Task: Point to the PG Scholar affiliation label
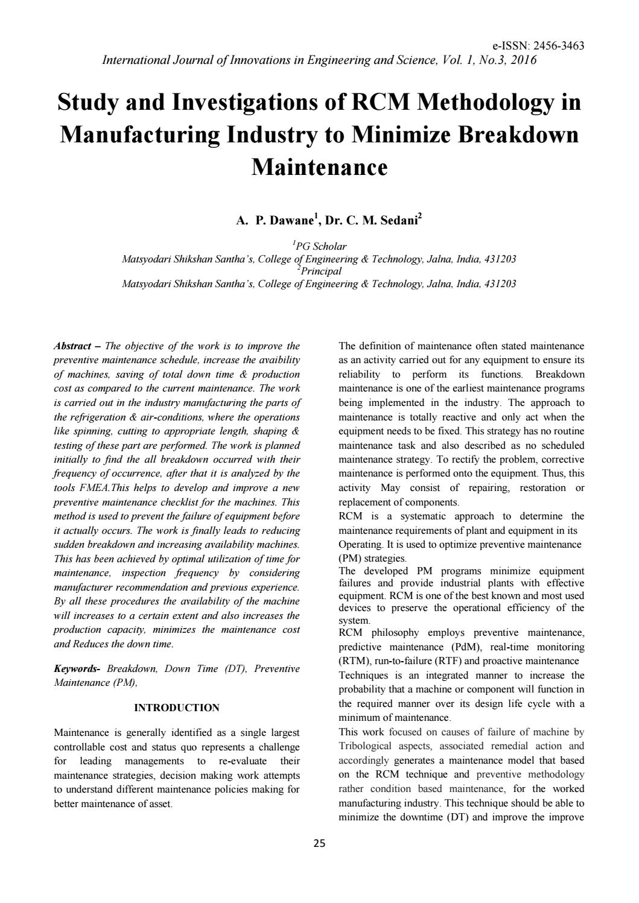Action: [321, 246]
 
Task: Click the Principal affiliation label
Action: [321, 271]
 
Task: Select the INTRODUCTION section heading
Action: [177, 708]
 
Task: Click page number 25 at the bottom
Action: [319, 843]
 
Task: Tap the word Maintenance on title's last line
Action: [319, 166]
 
